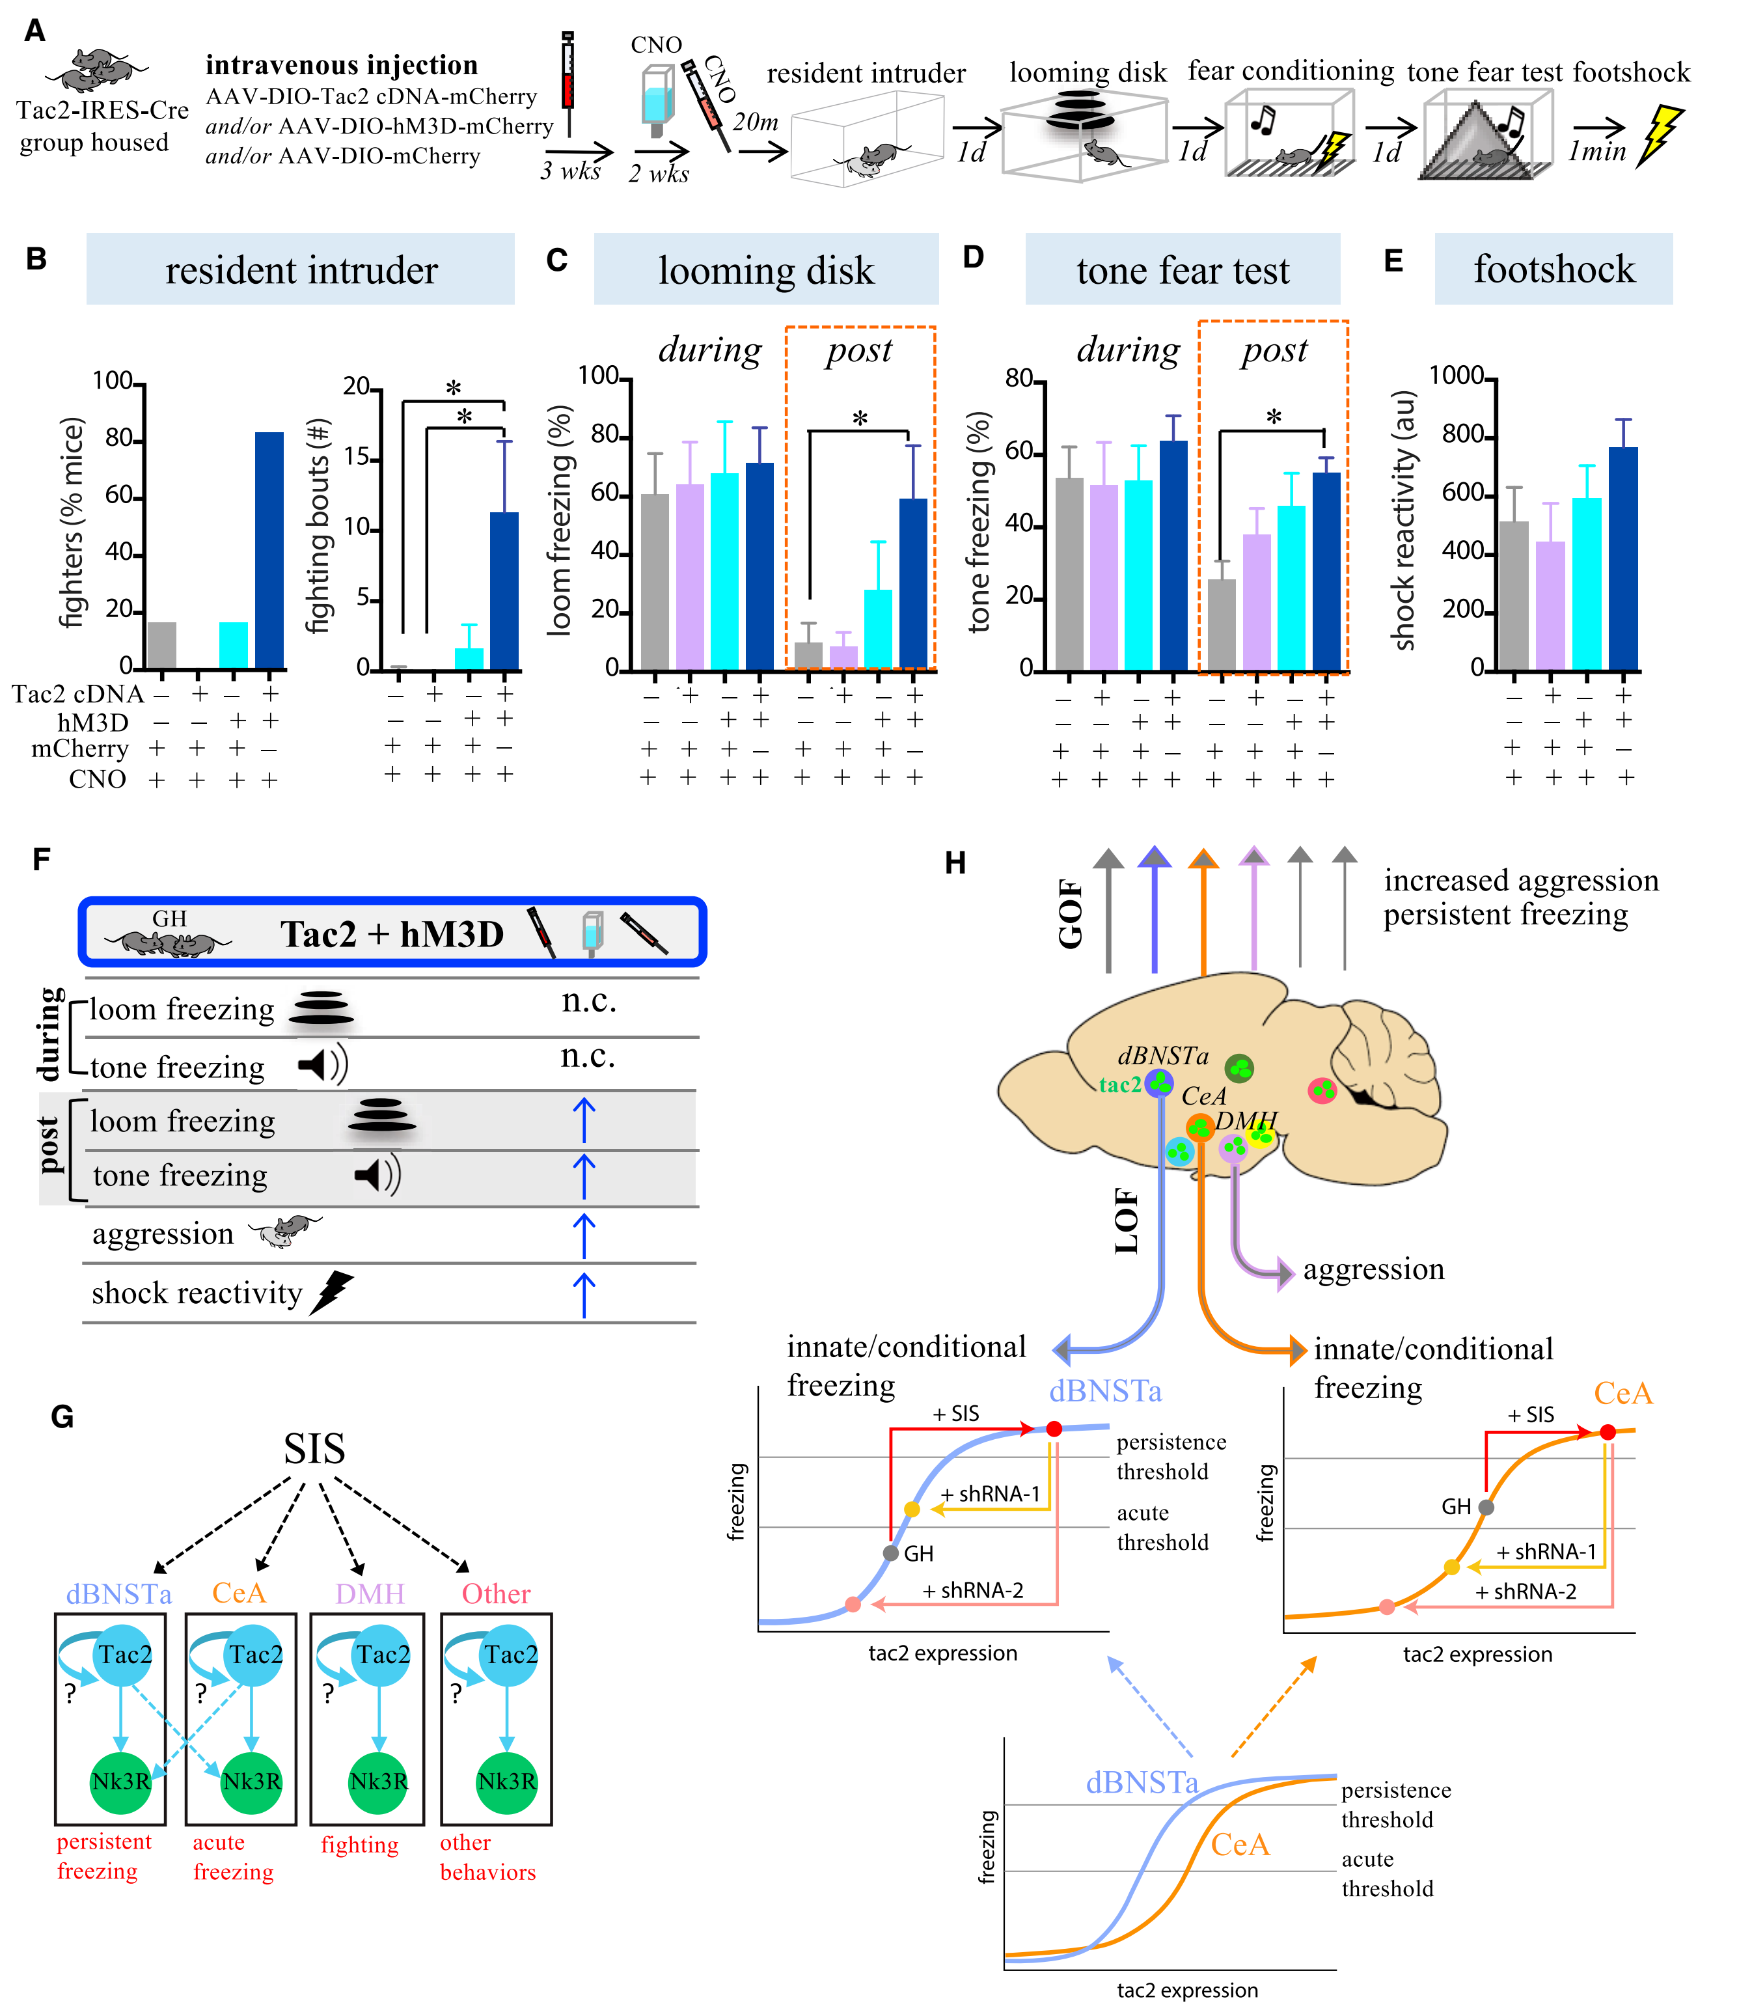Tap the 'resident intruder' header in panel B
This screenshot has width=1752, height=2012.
(x=301, y=271)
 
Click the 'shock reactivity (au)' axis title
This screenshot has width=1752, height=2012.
(x=1404, y=520)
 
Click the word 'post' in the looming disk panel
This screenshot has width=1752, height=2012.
(x=858, y=350)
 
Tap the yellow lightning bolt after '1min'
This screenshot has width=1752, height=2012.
(x=1660, y=135)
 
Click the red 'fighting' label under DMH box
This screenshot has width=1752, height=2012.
(x=360, y=1845)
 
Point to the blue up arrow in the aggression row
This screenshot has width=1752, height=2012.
(x=584, y=1235)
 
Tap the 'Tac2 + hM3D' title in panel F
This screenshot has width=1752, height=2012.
(x=391, y=933)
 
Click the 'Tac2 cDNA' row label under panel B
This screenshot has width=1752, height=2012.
(x=77, y=694)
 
